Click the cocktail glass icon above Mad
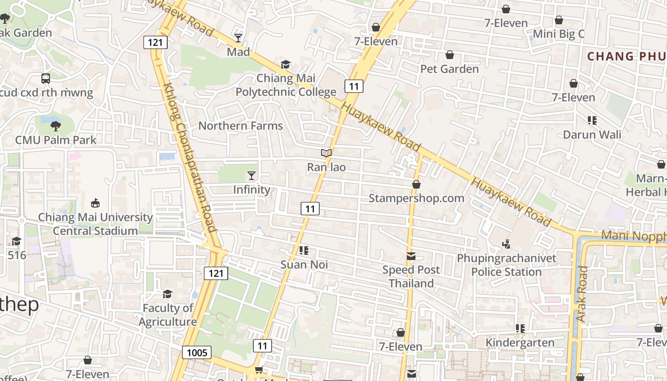coord(238,38)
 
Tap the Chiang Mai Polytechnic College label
coord(286,85)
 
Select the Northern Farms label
coord(241,126)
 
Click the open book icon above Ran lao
coord(326,153)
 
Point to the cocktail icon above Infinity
coord(252,176)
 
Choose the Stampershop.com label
coord(416,198)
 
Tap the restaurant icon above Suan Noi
coord(304,251)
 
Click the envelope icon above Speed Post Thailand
coord(411,256)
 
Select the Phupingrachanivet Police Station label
coord(506,265)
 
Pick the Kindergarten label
coord(520,342)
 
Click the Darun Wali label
coord(592,134)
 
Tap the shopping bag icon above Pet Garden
coord(449,55)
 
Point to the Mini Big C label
coord(558,34)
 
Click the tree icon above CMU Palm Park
coord(56,126)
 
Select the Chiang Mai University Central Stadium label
coord(95,224)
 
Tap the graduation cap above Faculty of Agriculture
coord(167,294)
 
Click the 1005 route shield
coord(197,352)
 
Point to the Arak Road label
coord(582,294)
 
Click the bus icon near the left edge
coord(46,79)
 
